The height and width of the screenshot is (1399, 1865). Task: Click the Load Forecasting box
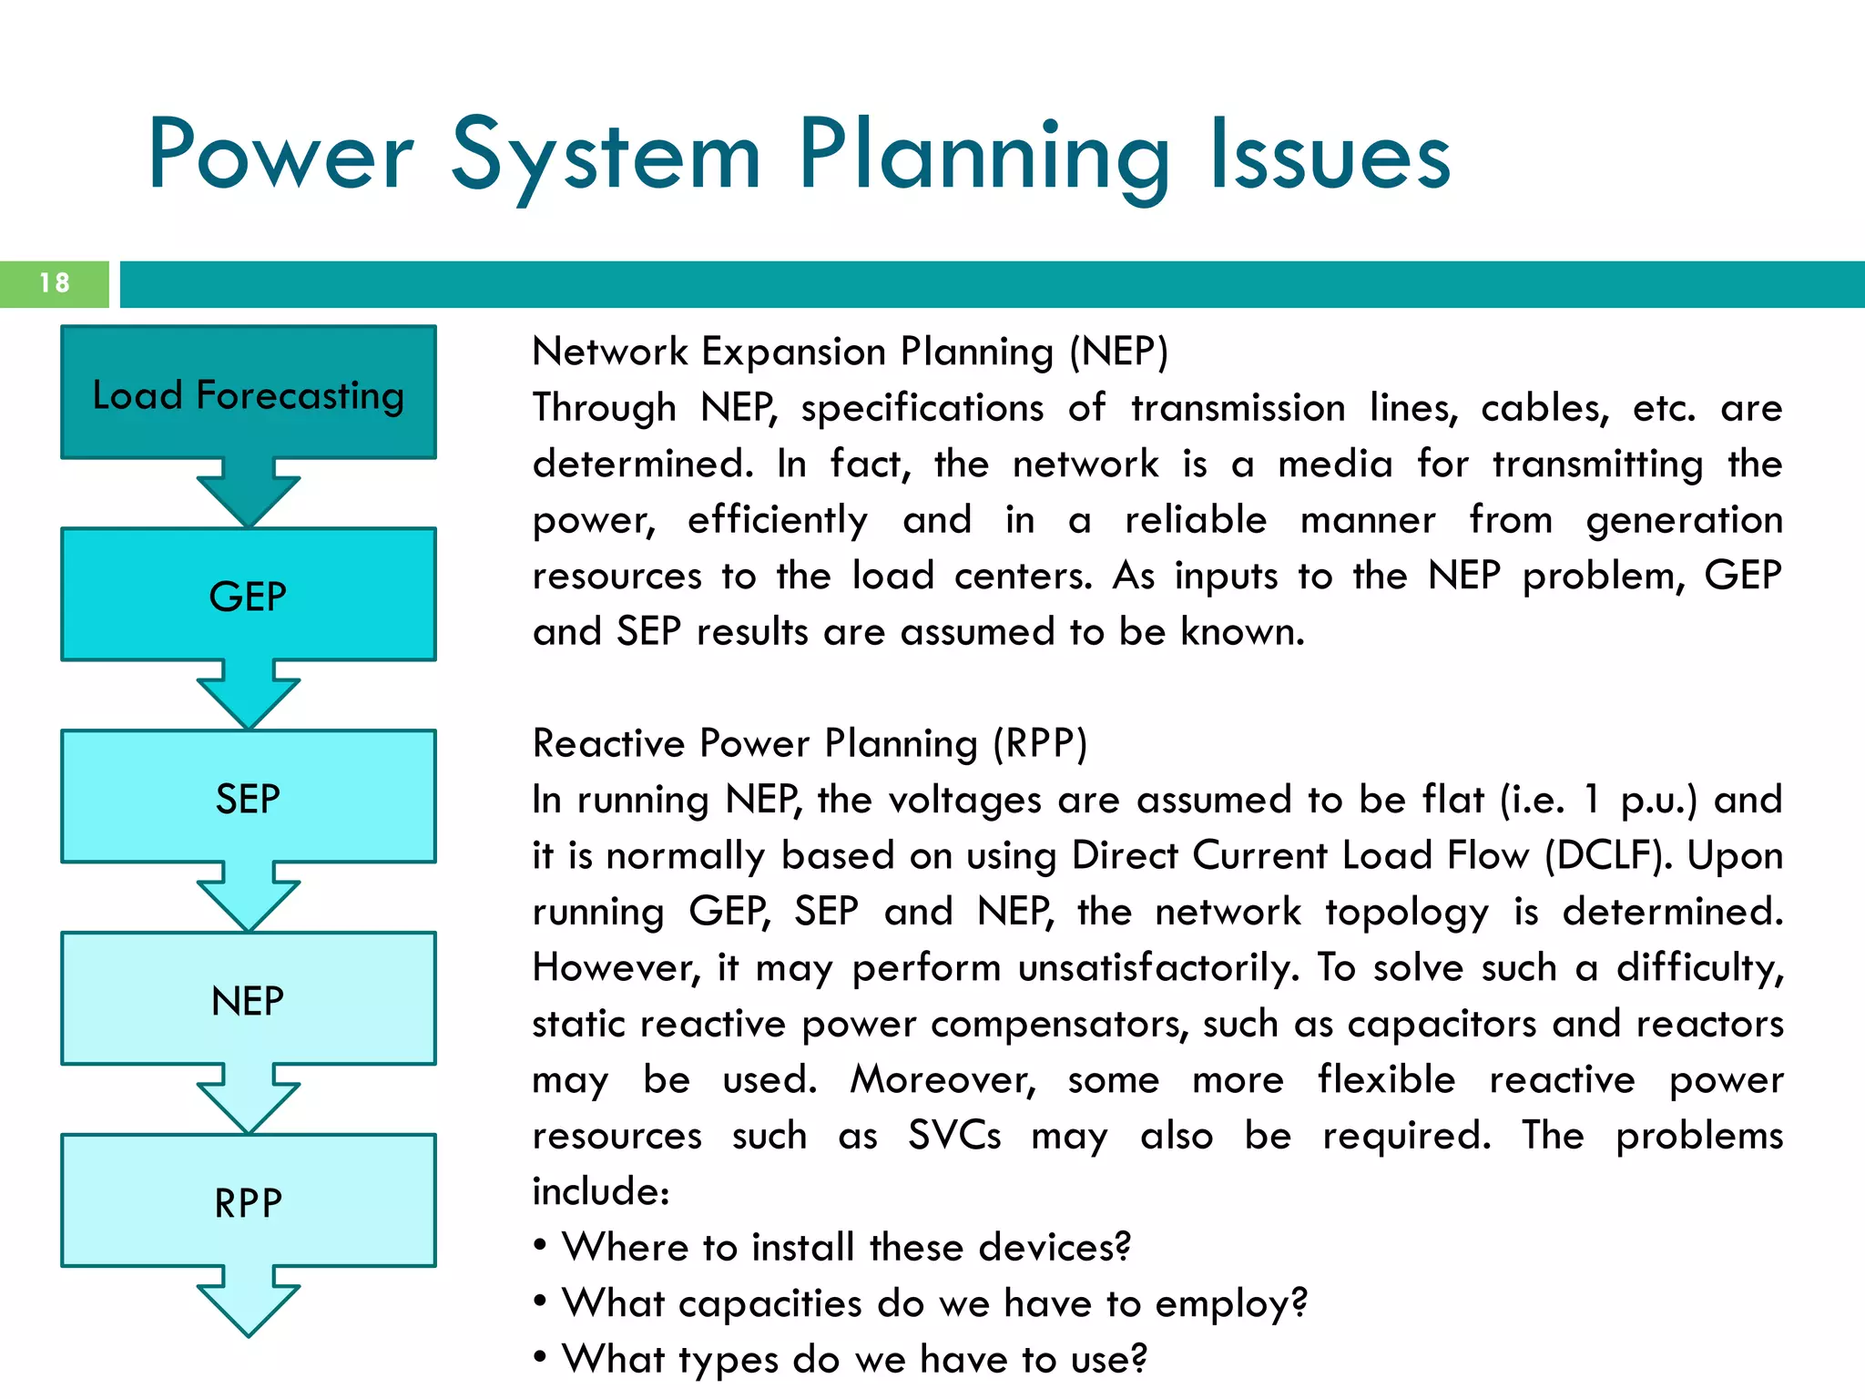pos(248,393)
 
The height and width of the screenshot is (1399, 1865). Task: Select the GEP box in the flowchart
pos(248,596)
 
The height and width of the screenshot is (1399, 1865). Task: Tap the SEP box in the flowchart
pos(248,798)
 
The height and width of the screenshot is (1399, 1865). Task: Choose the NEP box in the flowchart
pos(248,1000)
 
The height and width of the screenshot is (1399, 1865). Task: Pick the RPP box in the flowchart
pos(248,1202)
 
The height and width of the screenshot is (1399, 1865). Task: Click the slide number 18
pos(55,283)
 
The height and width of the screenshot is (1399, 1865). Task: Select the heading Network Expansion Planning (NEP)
pos(850,352)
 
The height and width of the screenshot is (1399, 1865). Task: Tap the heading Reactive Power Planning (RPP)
pos(810,743)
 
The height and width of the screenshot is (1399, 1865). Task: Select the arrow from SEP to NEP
pos(248,898)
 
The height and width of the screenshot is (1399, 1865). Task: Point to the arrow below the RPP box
pos(248,1302)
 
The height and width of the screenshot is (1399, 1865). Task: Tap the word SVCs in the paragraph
pos(954,1136)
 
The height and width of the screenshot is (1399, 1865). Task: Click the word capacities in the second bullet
pos(769,1303)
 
